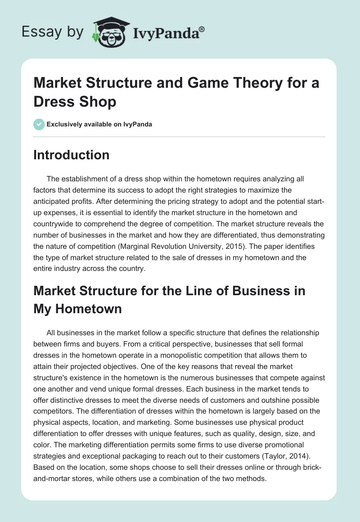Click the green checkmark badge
pyautogui.click(x=39, y=124)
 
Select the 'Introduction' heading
pyautogui.click(x=72, y=155)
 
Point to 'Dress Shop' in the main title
pyautogui.click(x=75, y=102)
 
